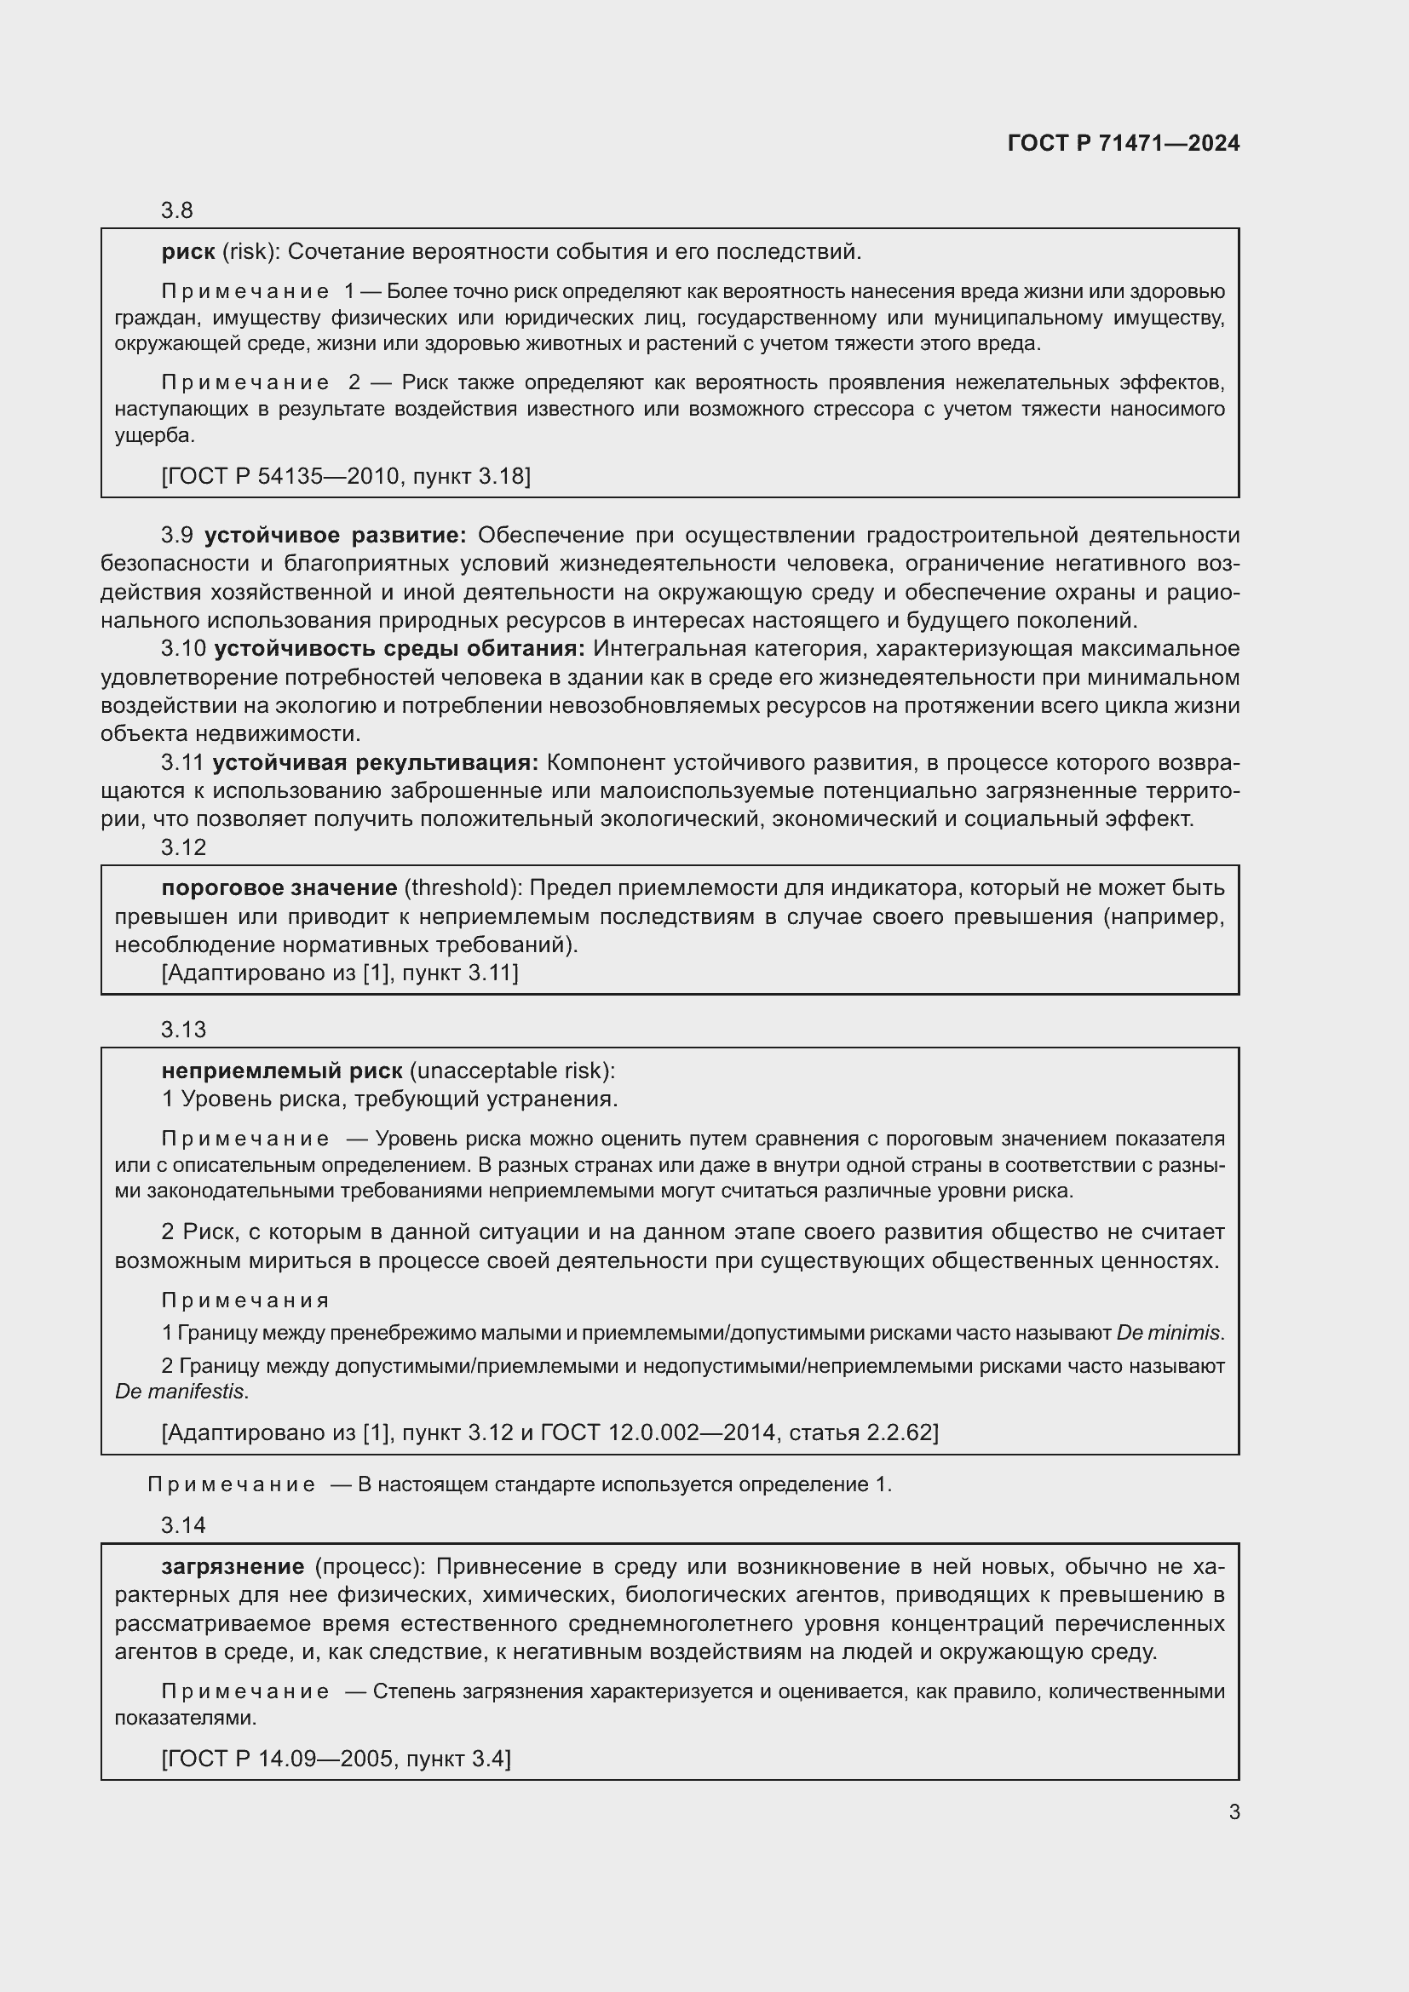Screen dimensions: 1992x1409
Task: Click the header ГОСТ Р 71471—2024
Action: point(1123,143)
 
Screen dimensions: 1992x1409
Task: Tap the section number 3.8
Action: point(176,210)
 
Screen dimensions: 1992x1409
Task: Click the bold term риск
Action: point(187,251)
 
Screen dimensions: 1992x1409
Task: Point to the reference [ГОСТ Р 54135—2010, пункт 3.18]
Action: point(345,475)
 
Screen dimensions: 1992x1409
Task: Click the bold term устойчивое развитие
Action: point(335,535)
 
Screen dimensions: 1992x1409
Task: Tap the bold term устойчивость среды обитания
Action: point(399,648)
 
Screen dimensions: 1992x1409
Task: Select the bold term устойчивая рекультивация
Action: point(375,761)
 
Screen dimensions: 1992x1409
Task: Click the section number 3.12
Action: point(183,847)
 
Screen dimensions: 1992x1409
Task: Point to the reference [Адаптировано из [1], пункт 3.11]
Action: point(339,973)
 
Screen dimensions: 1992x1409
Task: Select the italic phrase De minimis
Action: point(1169,1332)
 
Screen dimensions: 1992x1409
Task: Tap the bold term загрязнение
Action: point(233,1566)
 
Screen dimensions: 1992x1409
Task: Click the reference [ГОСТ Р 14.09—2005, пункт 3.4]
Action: point(336,1758)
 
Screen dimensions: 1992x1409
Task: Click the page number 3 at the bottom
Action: point(1234,1811)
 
